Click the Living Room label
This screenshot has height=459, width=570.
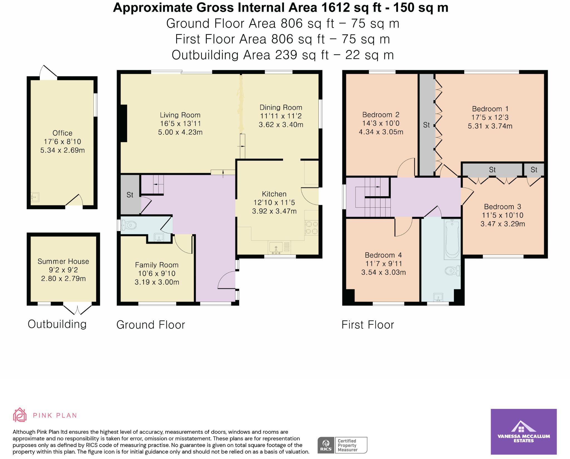click(180, 115)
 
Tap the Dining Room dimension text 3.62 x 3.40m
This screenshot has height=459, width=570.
click(281, 125)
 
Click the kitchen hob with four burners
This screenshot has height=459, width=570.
click(311, 227)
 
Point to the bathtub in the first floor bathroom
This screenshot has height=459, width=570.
click(452, 239)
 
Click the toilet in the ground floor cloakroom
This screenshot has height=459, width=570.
click(129, 225)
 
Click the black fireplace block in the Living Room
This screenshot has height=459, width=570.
click(123, 123)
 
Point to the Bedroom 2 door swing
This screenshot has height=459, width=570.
click(407, 168)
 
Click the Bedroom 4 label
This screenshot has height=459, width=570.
click(383, 255)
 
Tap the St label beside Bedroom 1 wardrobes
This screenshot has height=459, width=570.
click(426, 125)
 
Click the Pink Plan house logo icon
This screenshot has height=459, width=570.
click(20, 415)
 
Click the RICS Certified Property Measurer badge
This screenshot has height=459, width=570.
click(342, 445)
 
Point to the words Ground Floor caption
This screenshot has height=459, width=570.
click(151, 325)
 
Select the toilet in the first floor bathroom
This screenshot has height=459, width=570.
click(452, 271)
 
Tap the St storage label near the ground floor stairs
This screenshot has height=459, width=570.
click(130, 195)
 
